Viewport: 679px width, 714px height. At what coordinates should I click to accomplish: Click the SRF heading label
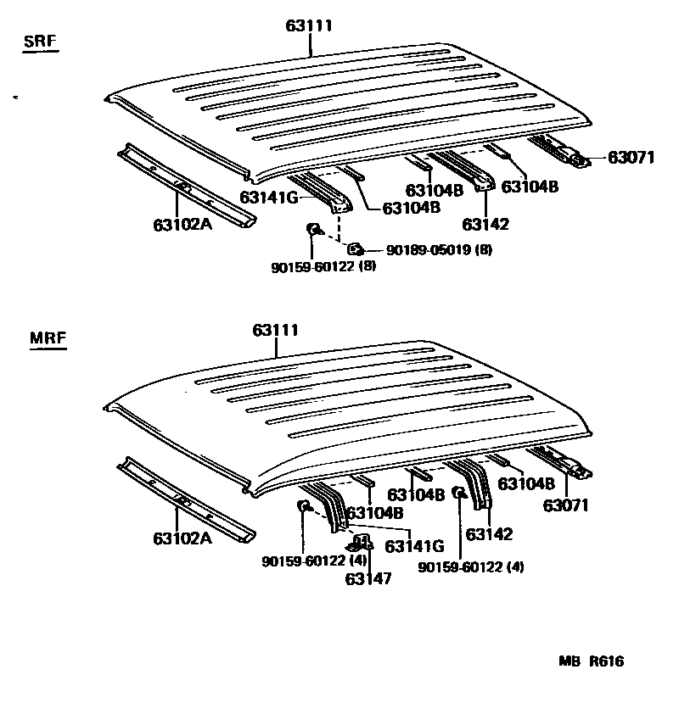[x=41, y=42]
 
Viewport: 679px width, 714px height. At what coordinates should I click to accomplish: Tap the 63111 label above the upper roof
[x=308, y=26]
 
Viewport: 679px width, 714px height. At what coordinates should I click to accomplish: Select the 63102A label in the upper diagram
[x=182, y=226]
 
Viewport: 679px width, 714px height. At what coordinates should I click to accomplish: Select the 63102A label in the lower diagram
[x=182, y=538]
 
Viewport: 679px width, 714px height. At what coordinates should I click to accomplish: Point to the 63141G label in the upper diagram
[x=268, y=197]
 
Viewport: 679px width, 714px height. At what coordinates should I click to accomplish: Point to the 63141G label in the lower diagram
[x=414, y=546]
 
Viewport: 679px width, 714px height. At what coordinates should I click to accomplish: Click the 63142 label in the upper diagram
[x=485, y=224]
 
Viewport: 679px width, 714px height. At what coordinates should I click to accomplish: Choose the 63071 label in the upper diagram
[x=631, y=158]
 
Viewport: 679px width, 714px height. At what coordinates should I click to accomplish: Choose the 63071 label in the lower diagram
[x=566, y=506]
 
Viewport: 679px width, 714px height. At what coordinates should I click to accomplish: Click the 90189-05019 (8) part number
[x=439, y=249]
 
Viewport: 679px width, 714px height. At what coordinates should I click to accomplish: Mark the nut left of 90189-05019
[x=356, y=248]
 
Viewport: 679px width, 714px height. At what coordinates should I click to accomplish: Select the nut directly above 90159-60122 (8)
[x=312, y=228]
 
